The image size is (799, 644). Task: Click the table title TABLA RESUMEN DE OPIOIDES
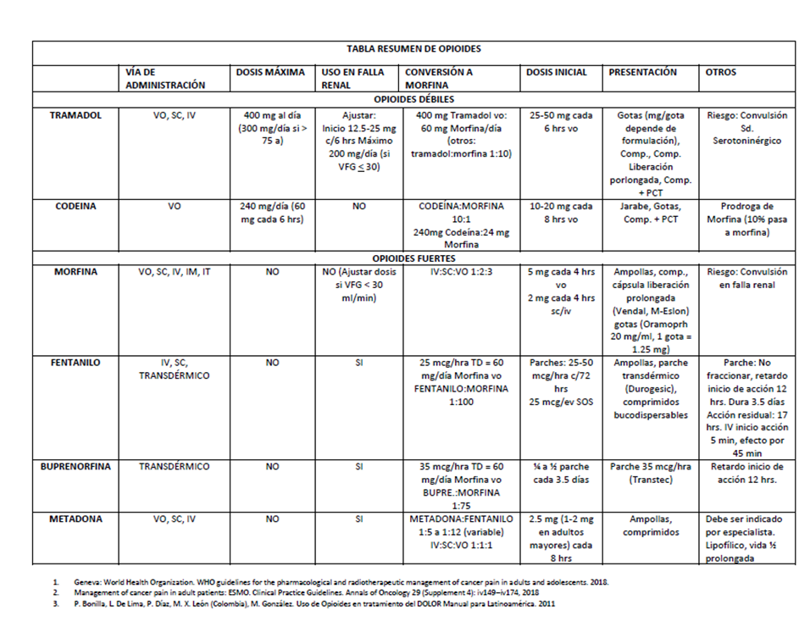pyautogui.click(x=413, y=49)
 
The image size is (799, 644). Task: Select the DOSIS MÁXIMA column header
pyautogui.click(x=269, y=72)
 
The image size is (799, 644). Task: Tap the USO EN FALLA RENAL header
pyautogui.click(x=352, y=78)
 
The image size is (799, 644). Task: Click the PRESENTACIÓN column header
pyautogui.click(x=643, y=72)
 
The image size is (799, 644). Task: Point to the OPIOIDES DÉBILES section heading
pyautogui.click(x=413, y=100)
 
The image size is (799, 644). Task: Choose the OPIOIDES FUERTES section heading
pyautogui.click(x=413, y=258)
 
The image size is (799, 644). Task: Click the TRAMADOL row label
pyautogui.click(x=75, y=115)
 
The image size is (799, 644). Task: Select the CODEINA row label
pyautogui.click(x=75, y=205)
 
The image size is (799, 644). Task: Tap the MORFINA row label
pyautogui.click(x=75, y=272)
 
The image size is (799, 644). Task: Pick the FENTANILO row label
pyautogui.click(x=75, y=362)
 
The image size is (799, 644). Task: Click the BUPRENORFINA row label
pyautogui.click(x=75, y=466)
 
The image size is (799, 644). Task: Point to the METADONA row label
pyautogui.click(x=75, y=519)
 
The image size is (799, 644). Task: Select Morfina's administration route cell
pyautogui.click(x=175, y=272)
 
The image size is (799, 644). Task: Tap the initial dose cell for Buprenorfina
pyautogui.click(x=561, y=473)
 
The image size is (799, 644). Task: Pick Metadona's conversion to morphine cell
pyautogui.click(x=461, y=532)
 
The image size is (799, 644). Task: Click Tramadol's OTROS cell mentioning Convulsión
pyautogui.click(x=746, y=128)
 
